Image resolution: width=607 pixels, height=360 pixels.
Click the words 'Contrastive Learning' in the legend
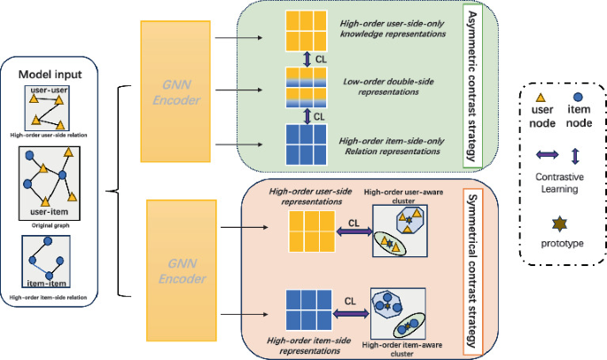[558, 184]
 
